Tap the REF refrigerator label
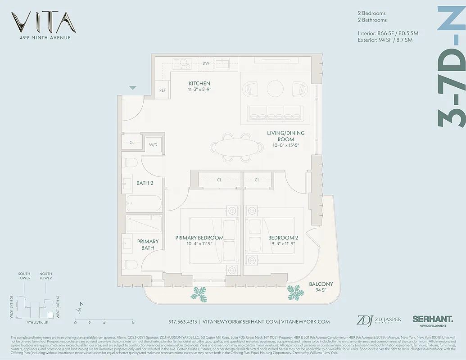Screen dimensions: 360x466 (x=163, y=90)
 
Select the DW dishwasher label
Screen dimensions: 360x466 (x=206, y=63)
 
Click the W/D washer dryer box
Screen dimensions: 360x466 (x=154, y=144)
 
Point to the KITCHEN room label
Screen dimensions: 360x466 (x=199, y=84)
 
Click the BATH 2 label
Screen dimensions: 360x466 (x=145, y=183)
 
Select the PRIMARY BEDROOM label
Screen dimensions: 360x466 (x=199, y=238)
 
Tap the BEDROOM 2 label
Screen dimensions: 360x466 (x=283, y=238)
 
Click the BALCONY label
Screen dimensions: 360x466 (x=321, y=284)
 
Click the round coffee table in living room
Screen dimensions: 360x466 (x=275, y=88)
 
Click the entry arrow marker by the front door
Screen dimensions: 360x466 (x=133, y=88)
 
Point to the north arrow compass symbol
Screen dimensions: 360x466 (x=80, y=310)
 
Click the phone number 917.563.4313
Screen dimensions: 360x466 (x=183, y=322)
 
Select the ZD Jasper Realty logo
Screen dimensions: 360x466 (x=379, y=320)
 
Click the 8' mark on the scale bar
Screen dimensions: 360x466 (x=133, y=323)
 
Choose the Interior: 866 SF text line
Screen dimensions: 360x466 (x=385, y=33)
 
